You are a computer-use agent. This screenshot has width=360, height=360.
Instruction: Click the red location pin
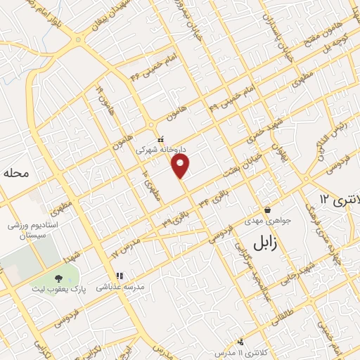(x=181, y=165)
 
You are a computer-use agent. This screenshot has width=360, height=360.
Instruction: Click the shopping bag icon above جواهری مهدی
(x=268, y=210)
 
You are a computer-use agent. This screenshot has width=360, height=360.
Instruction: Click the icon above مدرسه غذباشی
(x=120, y=276)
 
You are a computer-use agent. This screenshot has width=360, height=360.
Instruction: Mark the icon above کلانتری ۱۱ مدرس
(x=241, y=341)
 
